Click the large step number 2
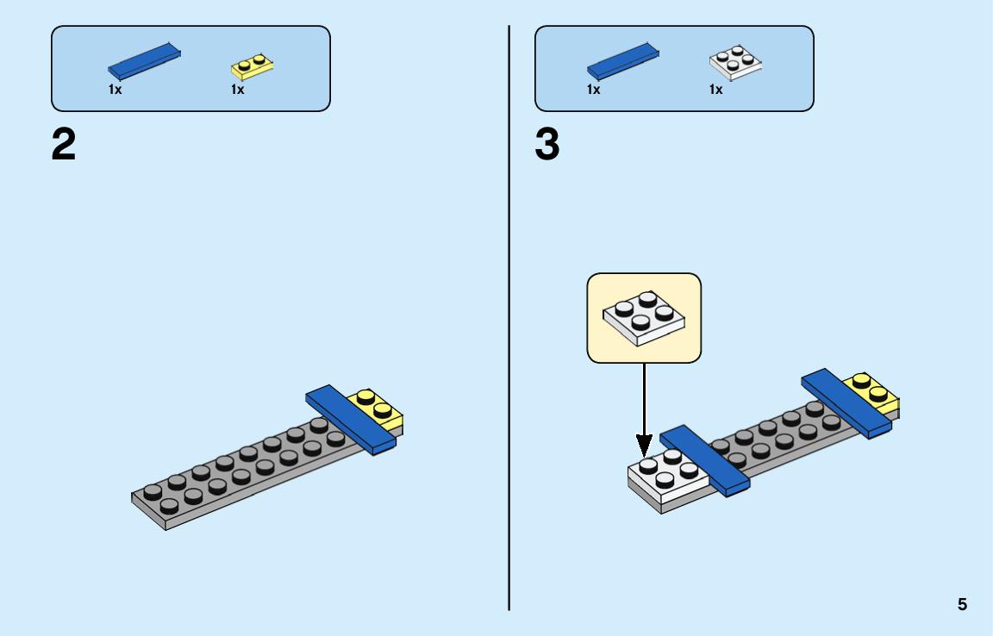tap(63, 145)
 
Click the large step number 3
tap(547, 145)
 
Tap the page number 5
tap(962, 604)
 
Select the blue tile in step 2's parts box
tap(145, 61)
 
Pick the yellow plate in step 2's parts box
tap(252, 66)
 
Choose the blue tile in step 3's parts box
tap(623, 61)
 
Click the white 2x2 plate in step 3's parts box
tap(735, 63)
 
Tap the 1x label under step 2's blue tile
tap(115, 90)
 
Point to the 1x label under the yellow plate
tap(238, 90)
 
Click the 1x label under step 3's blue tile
tap(593, 90)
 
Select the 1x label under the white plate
tap(715, 90)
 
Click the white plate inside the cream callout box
tap(644, 318)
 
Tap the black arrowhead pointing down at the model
tap(644, 446)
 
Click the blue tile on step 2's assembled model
tap(351, 420)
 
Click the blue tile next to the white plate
tap(705, 460)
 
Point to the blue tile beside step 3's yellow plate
tap(846, 403)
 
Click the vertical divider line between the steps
tap(509, 318)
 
